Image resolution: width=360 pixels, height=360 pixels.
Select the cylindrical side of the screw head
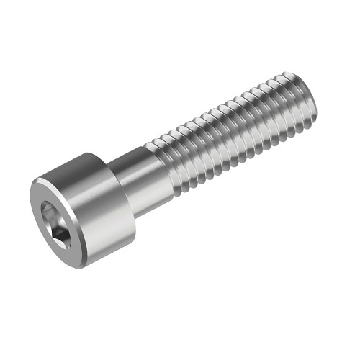pos(101,209)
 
